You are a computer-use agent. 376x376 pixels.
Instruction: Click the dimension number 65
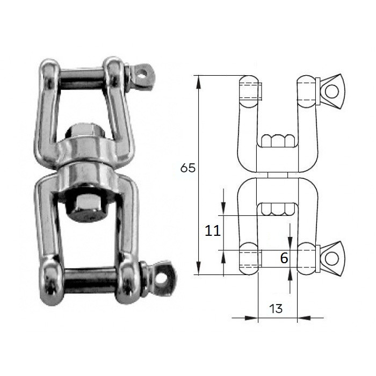point(188,168)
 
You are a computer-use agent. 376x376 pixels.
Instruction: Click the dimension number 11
point(213,230)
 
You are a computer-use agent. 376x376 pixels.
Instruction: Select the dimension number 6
point(284,258)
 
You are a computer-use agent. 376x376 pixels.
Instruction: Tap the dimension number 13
point(276,309)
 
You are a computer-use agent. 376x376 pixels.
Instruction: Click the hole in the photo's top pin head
point(143,72)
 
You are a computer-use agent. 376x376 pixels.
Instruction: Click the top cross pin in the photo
point(82,78)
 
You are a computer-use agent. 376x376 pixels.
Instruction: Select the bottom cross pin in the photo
point(91,280)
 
